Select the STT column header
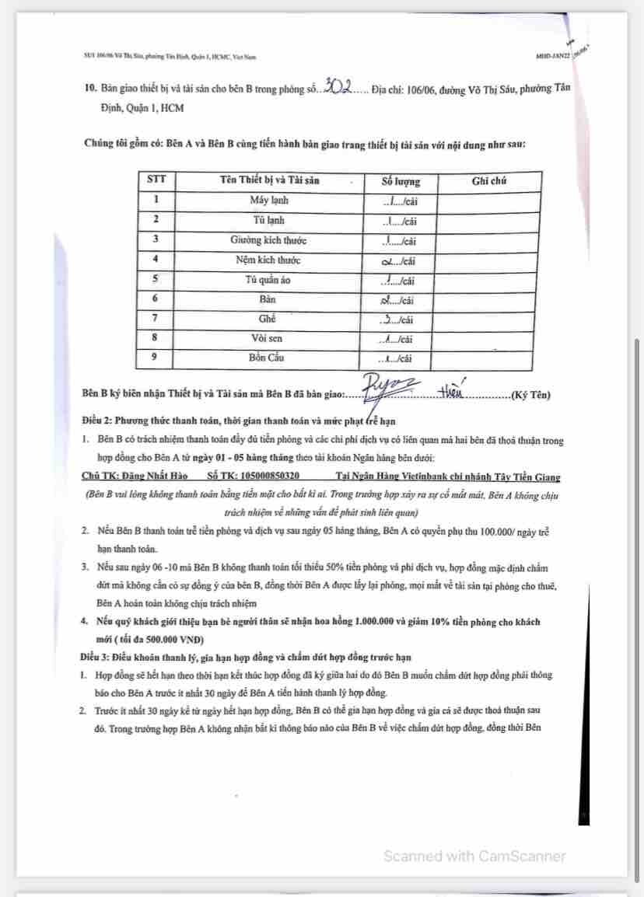pyautogui.click(x=156, y=180)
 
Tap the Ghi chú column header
pyautogui.click(x=488, y=180)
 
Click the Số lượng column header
pyautogui.click(x=401, y=181)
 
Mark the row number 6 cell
pyautogui.click(x=156, y=299)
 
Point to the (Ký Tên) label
pyautogui.click(x=530, y=395)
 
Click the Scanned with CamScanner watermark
pyautogui.click(x=474, y=856)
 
